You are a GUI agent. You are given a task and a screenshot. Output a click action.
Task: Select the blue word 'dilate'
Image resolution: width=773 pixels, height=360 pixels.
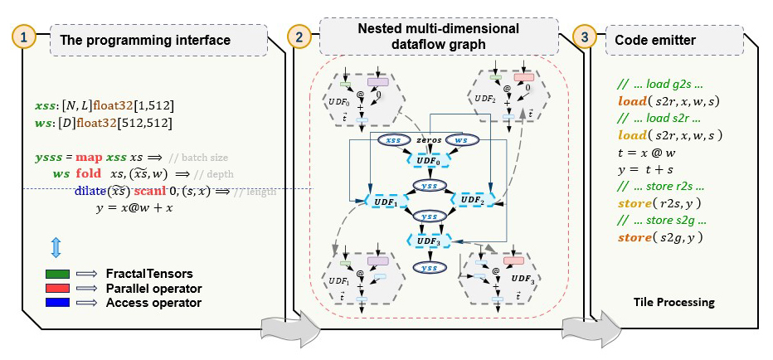coord(91,192)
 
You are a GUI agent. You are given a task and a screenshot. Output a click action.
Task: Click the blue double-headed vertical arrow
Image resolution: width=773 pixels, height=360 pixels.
coord(56,246)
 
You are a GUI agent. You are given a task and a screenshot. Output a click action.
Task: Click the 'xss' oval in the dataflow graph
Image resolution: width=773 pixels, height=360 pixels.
coord(396,140)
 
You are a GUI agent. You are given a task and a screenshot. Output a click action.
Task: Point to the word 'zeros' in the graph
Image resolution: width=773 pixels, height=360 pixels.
coord(429,141)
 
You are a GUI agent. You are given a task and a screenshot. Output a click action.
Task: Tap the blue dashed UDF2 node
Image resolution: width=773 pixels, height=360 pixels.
coord(471,200)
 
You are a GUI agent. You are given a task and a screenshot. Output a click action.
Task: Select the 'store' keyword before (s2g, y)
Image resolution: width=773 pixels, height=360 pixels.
coord(636,238)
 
